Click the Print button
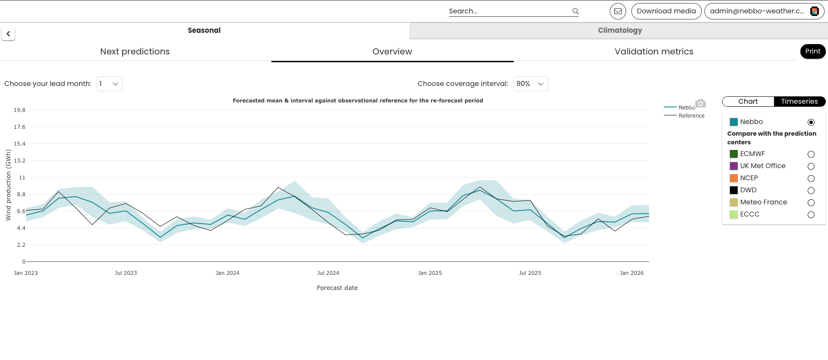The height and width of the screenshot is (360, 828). click(x=812, y=51)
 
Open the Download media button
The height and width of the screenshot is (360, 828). click(x=666, y=11)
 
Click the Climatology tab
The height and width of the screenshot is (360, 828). click(x=619, y=30)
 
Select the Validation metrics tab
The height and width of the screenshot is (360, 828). click(x=654, y=51)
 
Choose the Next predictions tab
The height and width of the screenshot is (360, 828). click(x=135, y=51)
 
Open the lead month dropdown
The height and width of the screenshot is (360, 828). click(x=109, y=84)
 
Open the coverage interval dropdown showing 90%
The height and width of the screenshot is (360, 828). click(x=530, y=84)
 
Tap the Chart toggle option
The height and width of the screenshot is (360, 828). click(x=748, y=102)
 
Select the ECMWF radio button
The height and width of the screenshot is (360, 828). click(x=811, y=154)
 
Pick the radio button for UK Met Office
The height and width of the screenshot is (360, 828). click(x=811, y=166)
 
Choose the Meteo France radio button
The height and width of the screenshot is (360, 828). click(x=811, y=203)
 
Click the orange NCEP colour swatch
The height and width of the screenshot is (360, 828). click(x=734, y=178)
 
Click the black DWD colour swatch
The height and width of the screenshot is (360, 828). click(x=734, y=190)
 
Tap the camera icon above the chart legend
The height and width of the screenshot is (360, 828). click(x=701, y=103)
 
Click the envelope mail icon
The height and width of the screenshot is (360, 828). click(x=618, y=11)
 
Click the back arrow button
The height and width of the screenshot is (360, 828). click(x=8, y=34)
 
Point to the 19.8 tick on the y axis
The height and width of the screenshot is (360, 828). click(x=19, y=110)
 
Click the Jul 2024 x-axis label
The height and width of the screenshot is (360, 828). click(x=328, y=273)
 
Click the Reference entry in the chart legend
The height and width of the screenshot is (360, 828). click(x=684, y=116)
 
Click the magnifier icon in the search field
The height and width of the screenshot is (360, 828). click(x=575, y=11)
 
